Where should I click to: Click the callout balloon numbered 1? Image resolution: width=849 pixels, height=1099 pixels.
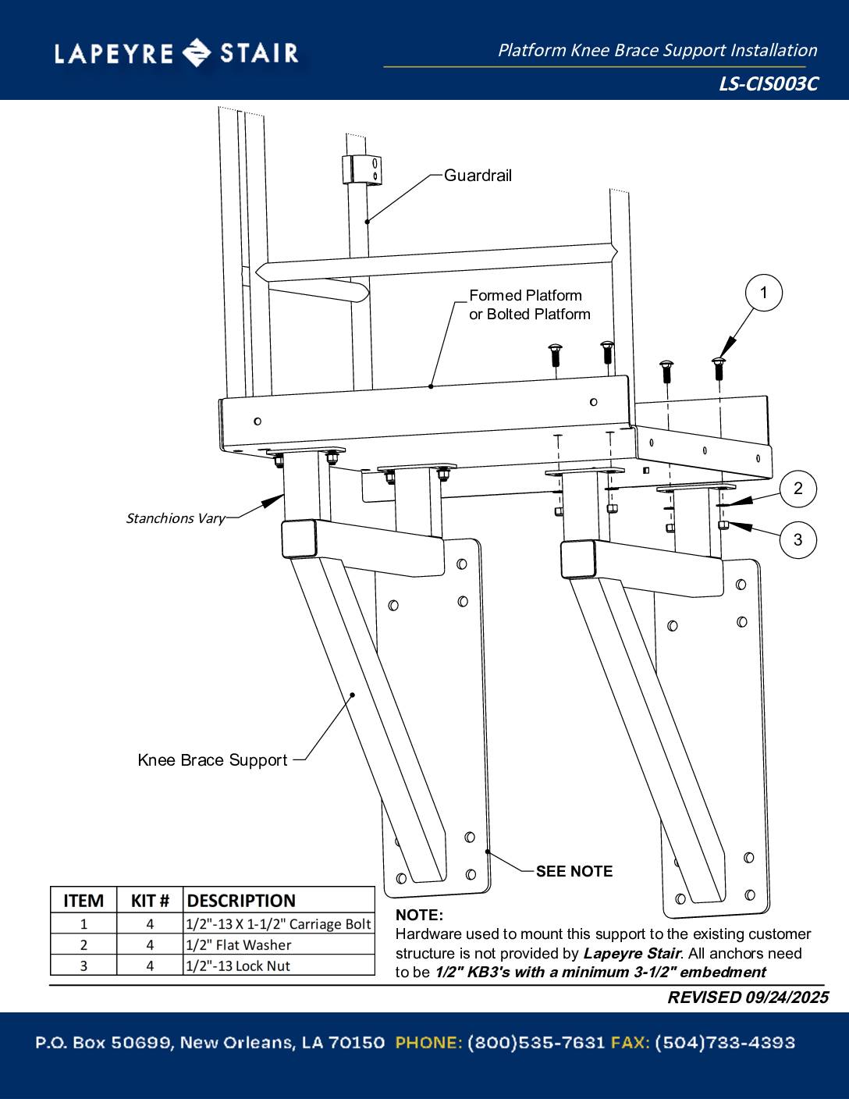click(x=763, y=293)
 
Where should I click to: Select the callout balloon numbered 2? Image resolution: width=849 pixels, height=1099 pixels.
click(x=797, y=489)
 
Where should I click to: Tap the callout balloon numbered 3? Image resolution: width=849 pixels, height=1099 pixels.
click(x=797, y=539)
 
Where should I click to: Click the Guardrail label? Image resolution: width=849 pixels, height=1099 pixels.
click(x=478, y=176)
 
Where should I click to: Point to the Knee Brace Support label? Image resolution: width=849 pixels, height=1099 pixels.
click(x=212, y=760)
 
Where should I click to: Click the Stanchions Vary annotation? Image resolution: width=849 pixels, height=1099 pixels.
click(x=176, y=518)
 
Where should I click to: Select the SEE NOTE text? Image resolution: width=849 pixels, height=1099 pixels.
click(x=574, y=872)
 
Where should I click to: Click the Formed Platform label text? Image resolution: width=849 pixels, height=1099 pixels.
click(x=525, y=296)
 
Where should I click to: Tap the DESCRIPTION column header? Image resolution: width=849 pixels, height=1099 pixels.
click(x=241, y=901)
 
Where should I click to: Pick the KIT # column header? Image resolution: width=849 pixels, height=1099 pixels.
click(x=150, y=901)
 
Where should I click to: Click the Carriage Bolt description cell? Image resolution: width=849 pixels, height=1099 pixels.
click(x=279, y=924)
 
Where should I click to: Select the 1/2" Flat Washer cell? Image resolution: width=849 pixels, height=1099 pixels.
click(x=239, y=945)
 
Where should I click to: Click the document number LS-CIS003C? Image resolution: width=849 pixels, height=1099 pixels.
click(x=768, y=84)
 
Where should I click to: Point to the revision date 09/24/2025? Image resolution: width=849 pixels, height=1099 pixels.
click(x=787, y=998)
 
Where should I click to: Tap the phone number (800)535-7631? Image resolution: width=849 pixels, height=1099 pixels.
click(x=536, y=1043)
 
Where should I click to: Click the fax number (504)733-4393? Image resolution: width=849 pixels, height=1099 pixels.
click(x=724, y=1043)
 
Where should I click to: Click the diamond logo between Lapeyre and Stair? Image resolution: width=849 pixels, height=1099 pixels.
click(x=196, y=53)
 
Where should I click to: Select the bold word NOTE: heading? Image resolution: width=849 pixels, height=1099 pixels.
click(x=419, y=915)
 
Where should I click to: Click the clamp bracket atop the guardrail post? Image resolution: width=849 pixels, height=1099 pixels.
click(x=361, y=169)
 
